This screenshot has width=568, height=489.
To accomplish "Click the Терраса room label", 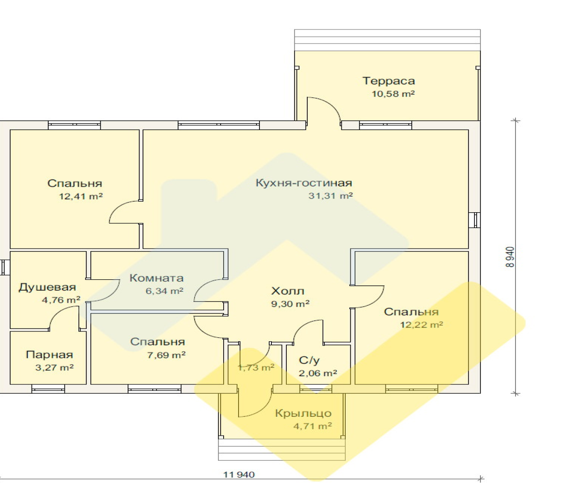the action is click(389, 81).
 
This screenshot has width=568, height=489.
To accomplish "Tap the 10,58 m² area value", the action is click(393, 94).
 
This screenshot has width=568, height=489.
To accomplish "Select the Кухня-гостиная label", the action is click(304, 183).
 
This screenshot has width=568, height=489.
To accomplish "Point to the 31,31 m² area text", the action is click(330, 196).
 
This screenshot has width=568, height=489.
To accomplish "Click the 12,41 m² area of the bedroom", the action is click(81, 196).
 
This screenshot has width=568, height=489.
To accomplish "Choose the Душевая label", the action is click(47, 287).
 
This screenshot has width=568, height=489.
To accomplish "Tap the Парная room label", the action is click(50, 355).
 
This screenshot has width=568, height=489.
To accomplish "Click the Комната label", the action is click(157, 278).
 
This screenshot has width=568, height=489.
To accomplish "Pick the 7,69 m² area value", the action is click(166, 355).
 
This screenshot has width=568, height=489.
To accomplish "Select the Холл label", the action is click(288, 291).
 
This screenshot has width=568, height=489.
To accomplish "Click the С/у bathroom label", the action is click(309, 360).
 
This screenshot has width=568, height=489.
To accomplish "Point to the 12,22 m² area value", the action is click(422, 325).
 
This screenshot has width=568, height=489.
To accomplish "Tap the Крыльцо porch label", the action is click(303, 413).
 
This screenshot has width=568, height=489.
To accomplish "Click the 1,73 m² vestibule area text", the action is click(256, 367).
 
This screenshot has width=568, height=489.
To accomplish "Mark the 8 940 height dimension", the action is click(510, 257).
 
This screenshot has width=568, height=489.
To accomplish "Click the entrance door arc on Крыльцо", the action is click(261, 410).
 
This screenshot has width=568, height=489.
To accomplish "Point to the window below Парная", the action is click(48, 389).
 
